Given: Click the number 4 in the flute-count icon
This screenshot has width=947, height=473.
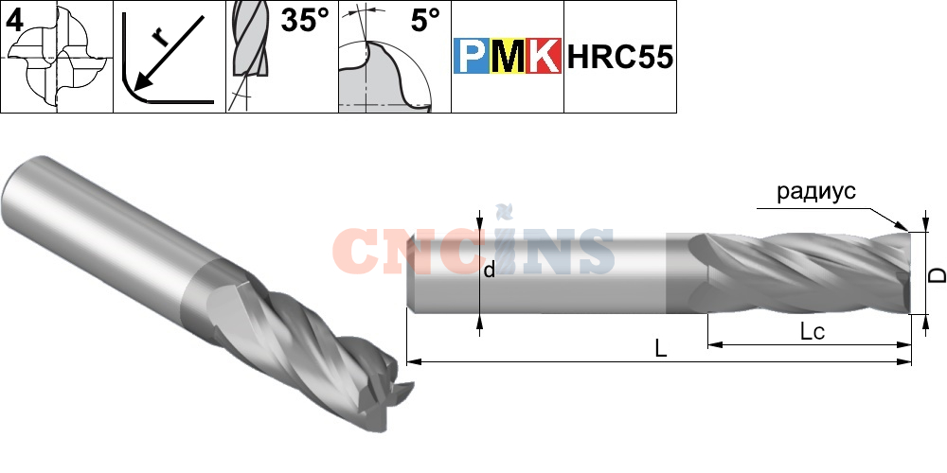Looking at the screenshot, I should [14, 19].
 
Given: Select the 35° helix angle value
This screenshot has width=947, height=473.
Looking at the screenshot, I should [302, 21].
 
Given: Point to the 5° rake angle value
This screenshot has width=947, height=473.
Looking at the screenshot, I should [425, 21].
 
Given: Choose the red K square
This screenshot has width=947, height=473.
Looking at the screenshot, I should [544, 58].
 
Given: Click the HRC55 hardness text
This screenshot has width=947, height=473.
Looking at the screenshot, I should [620, 58].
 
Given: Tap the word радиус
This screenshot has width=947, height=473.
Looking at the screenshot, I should [815, 191].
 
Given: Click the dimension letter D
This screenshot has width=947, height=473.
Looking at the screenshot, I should [935, 275].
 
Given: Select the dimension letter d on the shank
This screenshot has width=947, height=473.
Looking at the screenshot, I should [489, 271].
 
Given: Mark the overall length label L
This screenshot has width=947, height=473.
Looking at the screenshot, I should [661, 348].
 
